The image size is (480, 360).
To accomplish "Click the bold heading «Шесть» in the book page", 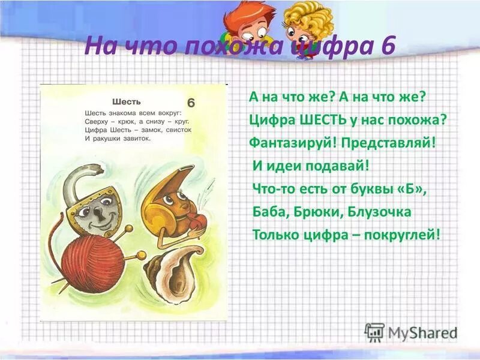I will pos(127,101).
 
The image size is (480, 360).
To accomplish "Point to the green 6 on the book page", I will pos(191,101).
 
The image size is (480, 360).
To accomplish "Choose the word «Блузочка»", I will pos(379,211).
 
